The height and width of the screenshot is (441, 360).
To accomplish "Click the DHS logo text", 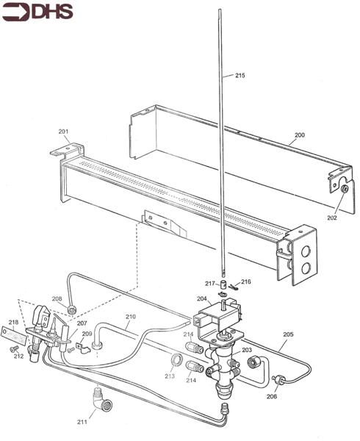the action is pos(53,12).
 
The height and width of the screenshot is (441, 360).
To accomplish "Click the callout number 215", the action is pos(240,75).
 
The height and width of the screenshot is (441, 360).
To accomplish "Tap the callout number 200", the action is pos(300,135).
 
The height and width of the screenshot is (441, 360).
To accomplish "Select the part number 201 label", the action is pos(63,132).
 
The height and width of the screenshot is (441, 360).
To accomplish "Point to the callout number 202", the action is pos(332,218).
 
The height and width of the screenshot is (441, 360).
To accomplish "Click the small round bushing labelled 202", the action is pos(345,189).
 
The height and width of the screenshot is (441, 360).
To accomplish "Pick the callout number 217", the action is pos(210,284).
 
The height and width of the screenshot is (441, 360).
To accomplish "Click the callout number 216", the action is pos(246,282).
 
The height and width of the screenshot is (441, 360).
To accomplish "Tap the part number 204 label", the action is pos(202,298).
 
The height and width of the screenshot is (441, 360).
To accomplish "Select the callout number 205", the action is pos(288,334).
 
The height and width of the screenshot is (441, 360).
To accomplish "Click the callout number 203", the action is pos(247,350).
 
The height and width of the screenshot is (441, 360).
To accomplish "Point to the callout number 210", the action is pos(130,317).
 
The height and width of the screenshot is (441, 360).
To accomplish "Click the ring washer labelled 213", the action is pos(177,359).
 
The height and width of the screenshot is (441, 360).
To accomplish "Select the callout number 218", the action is pos(13,322).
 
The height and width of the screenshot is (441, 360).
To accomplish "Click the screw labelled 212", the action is pos(13,348).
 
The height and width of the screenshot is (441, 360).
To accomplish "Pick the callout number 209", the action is pos(87,334).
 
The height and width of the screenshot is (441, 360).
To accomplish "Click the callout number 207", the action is pos(82,323).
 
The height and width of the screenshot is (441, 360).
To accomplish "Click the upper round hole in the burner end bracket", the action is pos(306,251).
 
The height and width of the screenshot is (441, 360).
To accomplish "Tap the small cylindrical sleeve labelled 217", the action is pos(223,284).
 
